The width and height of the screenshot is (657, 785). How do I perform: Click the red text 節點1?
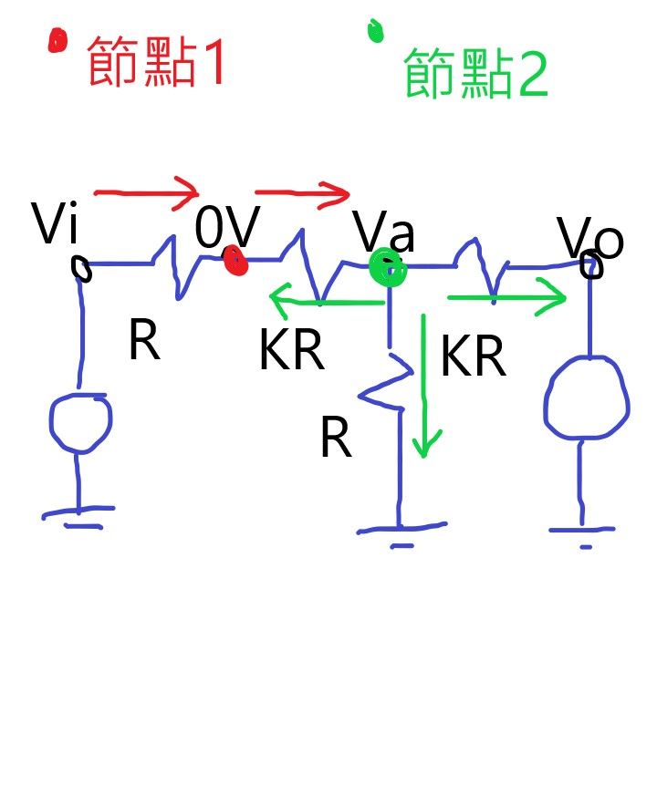coord(155,62)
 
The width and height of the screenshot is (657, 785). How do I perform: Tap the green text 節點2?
coord(475,74)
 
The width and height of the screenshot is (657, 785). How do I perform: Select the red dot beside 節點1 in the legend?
coord(57,40)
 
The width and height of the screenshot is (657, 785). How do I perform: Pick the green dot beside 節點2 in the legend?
coord(374,30)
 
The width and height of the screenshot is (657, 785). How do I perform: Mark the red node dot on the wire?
coord(236,262)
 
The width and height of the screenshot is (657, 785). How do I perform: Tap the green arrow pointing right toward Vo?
coord(506,297)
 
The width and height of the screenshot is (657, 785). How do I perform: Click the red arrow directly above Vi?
coord(146,192)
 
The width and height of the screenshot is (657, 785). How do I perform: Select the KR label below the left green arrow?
coord(291,351)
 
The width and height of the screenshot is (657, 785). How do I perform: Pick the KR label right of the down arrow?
coord(472,357)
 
